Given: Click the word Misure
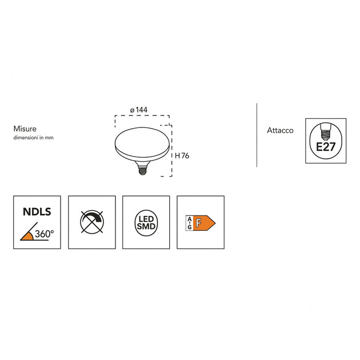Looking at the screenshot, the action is click(x=25, y=129).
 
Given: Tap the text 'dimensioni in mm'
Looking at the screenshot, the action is click(x=33, y=138).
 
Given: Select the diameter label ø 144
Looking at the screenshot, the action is click(x=139, y=110).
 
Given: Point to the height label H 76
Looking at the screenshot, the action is click(x=182, y=155).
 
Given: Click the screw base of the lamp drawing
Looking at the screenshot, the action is click(x=143, y=169).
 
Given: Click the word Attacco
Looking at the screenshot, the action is click(x=280, y=130).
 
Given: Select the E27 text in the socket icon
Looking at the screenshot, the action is click(x=326, y=147).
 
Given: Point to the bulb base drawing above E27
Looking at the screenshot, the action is click(x=326, y=132).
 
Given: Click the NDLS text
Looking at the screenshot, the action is click(x=37, y=211).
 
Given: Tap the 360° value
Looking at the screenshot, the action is click(x=45, y=234).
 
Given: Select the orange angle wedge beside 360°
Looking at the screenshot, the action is click(x=27, y=236).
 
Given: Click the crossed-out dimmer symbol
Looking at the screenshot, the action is click(x=92, y=222).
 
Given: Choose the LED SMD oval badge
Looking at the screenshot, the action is click(x=146, y=223).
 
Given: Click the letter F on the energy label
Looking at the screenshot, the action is click(x=199, y=223).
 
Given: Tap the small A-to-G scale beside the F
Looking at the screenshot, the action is click(x=189, y=223).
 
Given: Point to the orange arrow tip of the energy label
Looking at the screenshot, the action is click(x=215, y=223).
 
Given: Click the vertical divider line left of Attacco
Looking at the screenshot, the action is click(x=257, y=135).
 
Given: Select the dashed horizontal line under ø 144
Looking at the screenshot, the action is click(x=142, y=115).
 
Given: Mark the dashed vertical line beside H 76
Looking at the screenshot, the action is click(x=172, y=151).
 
